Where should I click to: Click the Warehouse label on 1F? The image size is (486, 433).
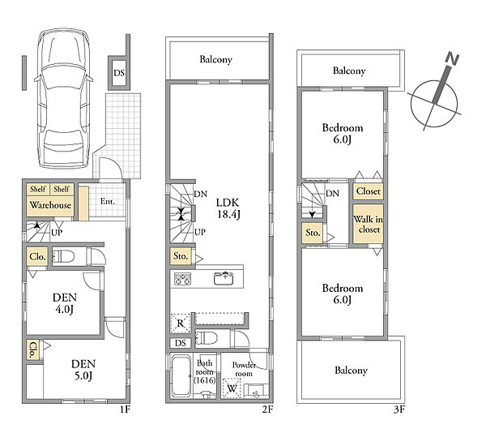50,205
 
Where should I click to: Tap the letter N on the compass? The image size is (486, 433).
452,59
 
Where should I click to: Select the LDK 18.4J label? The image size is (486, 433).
228,208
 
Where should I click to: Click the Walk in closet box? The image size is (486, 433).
368,224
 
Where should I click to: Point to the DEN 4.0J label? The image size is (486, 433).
65,303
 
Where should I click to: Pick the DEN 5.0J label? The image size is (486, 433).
83,370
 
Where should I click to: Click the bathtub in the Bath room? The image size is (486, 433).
181,375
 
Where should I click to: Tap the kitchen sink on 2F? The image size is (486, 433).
224,278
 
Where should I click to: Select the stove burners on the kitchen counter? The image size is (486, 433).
183,279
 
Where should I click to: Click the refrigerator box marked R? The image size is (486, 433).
180,324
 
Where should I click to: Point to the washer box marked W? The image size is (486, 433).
232,388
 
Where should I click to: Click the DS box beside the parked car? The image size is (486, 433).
119,73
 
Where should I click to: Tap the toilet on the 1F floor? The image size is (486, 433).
63,256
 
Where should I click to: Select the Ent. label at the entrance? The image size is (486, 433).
107,202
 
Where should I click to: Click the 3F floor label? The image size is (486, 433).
399,409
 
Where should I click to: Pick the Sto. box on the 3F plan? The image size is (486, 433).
313,233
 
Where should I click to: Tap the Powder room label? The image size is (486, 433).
244,370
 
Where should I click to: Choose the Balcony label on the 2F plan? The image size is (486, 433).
215,59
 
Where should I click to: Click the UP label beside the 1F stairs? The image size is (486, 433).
57,233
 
